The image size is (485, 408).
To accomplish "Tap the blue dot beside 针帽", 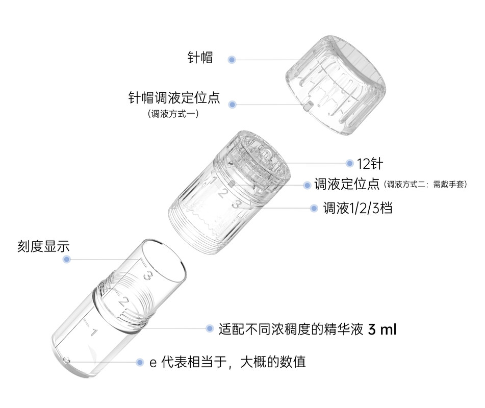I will pyautogui.click(x=232, y=60).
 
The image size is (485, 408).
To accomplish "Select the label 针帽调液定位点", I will pyautogui.click(x=173, y=97).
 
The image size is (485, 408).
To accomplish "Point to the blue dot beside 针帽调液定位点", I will pyautogui.click(x=232, y=105).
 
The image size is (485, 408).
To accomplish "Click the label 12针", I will pyautogui.click(x=369, y=164).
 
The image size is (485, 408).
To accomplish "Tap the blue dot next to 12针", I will pyautogui.click(x=349, y=164).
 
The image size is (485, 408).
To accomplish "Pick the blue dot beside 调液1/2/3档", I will pyautogui.click(x=315, y=208).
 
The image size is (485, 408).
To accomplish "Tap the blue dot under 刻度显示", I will pyautogui.click(x=66, y=260).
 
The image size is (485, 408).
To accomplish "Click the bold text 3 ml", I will pyautogui.click(x=381, y=329).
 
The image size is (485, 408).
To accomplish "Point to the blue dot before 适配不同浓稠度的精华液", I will pyautogui.click(x=209, y=329).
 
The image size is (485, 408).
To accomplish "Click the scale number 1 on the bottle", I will pyautogui.click(x=93, y=333).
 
